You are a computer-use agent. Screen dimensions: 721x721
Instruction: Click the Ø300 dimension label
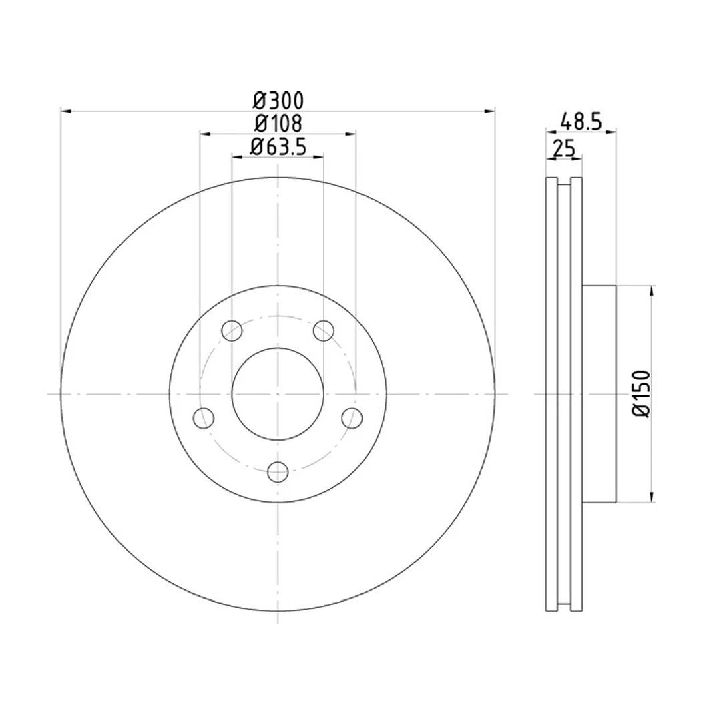coord(278,101)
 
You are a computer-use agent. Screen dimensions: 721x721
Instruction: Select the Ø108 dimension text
coord(278,124)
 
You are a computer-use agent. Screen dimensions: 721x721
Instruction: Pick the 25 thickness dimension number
coord(564,148)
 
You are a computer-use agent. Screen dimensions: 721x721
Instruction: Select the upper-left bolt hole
coord(231,329)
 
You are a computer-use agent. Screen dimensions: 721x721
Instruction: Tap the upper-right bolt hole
coord(324,329)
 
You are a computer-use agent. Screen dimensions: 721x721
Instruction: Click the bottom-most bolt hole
coord(278,471)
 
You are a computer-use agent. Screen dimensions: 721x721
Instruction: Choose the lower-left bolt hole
coord(203,418)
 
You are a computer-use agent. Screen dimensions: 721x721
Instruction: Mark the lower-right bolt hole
coord(352,418)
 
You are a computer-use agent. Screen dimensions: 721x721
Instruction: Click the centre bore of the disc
coord(278,394)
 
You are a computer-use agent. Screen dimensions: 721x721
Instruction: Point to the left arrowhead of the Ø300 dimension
coord(65,111)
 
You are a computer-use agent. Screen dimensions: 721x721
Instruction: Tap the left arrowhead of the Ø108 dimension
coord(204,134)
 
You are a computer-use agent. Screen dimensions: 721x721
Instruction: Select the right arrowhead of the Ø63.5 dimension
coord(319,156)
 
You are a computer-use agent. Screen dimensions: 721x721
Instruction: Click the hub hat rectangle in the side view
coord(599,394)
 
